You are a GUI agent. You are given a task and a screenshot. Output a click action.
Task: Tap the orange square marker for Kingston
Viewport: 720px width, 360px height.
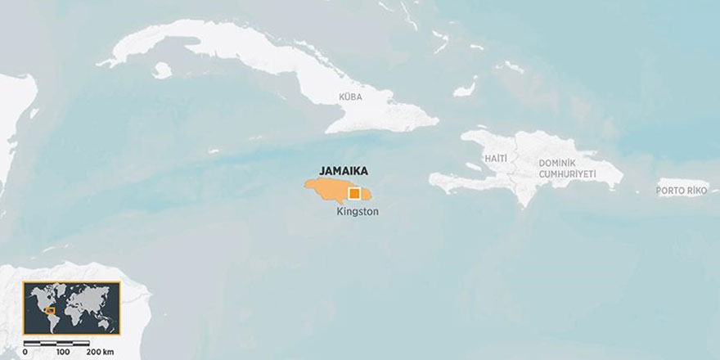click(354, 194)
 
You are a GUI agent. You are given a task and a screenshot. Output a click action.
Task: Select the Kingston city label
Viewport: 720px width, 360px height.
click(358, 211)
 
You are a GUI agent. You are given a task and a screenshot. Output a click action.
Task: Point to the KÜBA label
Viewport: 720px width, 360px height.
click(350, 97)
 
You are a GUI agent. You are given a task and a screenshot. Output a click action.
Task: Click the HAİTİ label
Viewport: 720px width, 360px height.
click(496, 158)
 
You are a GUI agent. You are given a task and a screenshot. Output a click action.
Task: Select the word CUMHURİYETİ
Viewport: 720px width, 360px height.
click(567, 175)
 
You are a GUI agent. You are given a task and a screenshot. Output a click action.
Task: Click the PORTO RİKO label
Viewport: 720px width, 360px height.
click(681, 191)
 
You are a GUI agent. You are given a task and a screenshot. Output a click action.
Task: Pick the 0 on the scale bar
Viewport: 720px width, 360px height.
click(25, 351)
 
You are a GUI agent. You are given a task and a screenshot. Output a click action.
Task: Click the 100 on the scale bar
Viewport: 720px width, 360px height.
click(63, 351)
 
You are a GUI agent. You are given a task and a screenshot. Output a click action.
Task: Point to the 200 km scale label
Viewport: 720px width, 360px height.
click(99, 351)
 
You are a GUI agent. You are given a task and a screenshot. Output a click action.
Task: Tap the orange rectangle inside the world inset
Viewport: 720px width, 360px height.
click(50, 310)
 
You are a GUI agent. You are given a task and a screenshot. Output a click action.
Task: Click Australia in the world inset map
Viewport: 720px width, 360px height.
click(106, 322)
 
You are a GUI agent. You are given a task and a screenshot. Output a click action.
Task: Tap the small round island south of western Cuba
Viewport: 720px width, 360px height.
click(161, 71)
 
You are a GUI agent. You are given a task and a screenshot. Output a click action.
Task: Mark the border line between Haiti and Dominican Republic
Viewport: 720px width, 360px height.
click(516, 168)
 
